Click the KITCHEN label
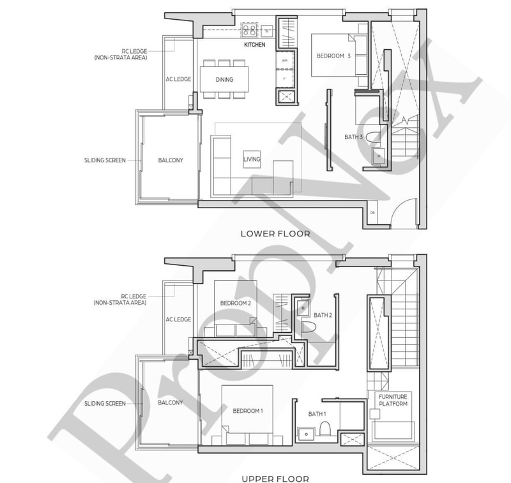click(254, 45)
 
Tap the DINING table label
click(224, 80)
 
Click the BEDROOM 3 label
click(333, 56)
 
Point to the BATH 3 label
click(353, 137)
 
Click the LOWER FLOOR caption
click(275, 234)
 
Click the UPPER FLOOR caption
click(276, 478)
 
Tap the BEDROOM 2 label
click(235, 303)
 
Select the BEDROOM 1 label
click(247, 411)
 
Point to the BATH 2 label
click(323, 315)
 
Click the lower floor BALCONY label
click(171, 160)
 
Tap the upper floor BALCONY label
click(171, 402)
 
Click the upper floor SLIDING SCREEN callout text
click(105, 403)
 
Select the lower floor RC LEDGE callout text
click(121, 54)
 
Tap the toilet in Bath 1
click(326, 427)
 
